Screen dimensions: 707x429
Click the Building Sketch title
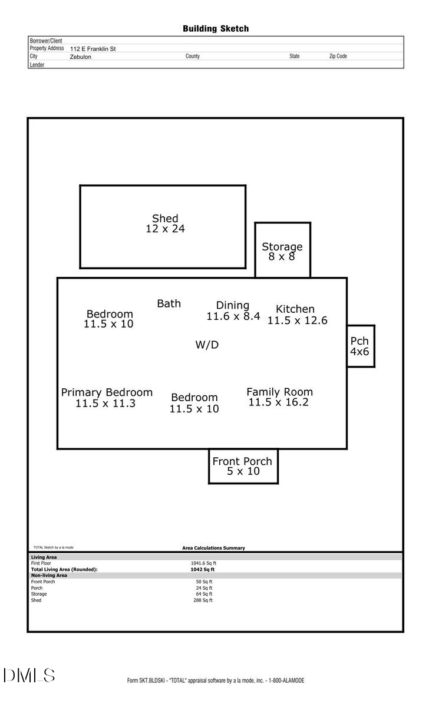(x=215, y=28)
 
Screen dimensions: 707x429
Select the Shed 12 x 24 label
(x=165, y=224)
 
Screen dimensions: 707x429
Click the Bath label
(x=169, y=303)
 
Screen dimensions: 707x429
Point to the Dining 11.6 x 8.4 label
(x=233, y=310)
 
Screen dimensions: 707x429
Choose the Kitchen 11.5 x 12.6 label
(x=296, y=315)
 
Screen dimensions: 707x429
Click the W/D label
(x=207, y=345)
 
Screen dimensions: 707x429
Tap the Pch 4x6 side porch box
(x=360, y=346)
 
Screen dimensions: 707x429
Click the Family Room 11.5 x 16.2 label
(x=279, y=397)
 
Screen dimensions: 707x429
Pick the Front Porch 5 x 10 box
(x=243, y=466)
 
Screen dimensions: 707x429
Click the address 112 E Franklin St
(x=93, y=49)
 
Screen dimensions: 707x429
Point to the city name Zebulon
(x=81, y=57)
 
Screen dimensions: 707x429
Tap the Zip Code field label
(x=338, y=57)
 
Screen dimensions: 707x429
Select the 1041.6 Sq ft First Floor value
(x=203, y=563)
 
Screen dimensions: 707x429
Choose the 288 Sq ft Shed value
(x=204, y=600)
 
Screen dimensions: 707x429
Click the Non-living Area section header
(x=49, y=576)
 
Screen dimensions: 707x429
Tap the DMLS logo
(x=29, y=676)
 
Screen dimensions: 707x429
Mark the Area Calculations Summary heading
(x=213, y=548)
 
